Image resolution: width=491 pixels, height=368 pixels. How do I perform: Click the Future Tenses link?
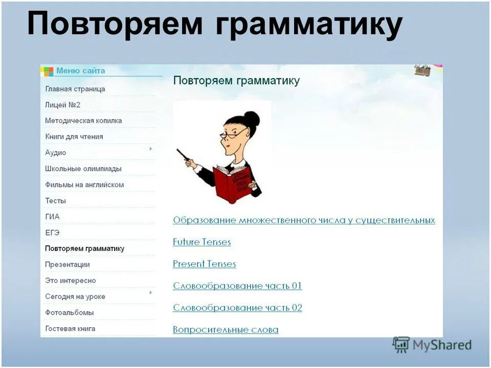click(202, 242)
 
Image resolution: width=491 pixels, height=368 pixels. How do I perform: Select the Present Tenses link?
click(204, 264)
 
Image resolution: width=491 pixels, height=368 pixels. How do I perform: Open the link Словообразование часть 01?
click(237, 286)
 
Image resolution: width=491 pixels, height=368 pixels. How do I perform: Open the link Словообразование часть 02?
click(237, 308)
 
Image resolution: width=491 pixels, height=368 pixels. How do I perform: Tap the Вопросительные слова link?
click(226, 330)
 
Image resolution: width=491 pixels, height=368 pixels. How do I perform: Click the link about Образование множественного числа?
click(304, 220)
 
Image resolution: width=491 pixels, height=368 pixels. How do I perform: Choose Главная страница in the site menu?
click(75, 89)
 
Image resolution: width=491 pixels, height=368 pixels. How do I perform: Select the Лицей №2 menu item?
click(63, 105)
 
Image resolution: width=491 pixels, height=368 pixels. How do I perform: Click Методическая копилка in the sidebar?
click(83, 121)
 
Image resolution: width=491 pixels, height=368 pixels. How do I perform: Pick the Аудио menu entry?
click(56, 153)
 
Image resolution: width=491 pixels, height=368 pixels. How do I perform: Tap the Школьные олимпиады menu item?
click(83, 169)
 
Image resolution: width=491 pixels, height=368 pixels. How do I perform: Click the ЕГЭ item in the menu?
click(53, 233)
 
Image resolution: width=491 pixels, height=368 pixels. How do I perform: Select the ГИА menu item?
click(52, 217)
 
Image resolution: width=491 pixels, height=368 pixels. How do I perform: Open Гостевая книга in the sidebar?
click(70, 329)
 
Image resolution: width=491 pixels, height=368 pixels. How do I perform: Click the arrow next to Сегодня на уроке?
click(150, 293)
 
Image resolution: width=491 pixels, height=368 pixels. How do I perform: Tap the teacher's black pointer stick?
click(184, 156)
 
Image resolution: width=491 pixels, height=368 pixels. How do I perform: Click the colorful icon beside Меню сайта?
click(48, 71)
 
